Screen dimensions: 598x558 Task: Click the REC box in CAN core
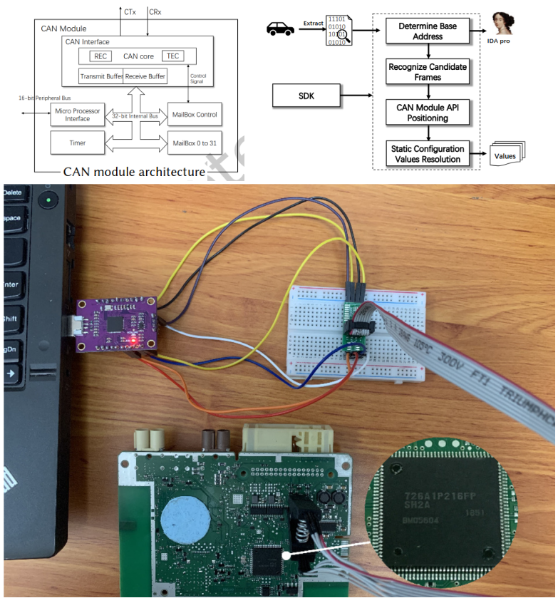pyautogui.click(x=100, y=56)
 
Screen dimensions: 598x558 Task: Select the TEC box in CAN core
pyautogui.click(x=172, y=56)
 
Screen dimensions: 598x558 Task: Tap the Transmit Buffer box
pyautogui.click(x=101, y=76)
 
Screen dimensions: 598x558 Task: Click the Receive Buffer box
pyautogui.click(x=145, y=76)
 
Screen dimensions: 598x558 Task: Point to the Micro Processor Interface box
pyautogui.click(x=77, y=114)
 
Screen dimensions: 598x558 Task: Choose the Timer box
pyautogui.click(x=77, y=143)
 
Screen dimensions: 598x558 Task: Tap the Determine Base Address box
pyautogui.click(x=428, y=30)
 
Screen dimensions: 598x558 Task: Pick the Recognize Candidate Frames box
pyautogui.click(x=428, y=71)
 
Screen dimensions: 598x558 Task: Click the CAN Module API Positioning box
pyautogui.click(x=428, y=112)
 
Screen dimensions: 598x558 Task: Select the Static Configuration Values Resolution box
pyautogui.click(x=428, y=153)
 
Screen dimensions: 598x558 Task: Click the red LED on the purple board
pyautogui.click(x=133, y=341)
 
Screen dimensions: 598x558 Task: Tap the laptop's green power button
pyautogui.click(x=48, y=200)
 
